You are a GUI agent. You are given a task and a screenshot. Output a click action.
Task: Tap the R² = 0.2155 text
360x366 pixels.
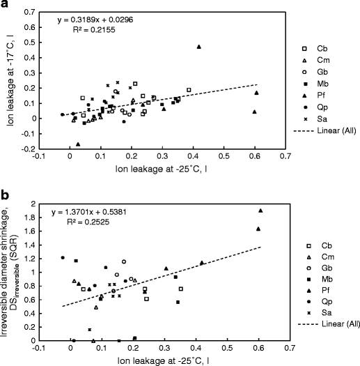tap(96, 31)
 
